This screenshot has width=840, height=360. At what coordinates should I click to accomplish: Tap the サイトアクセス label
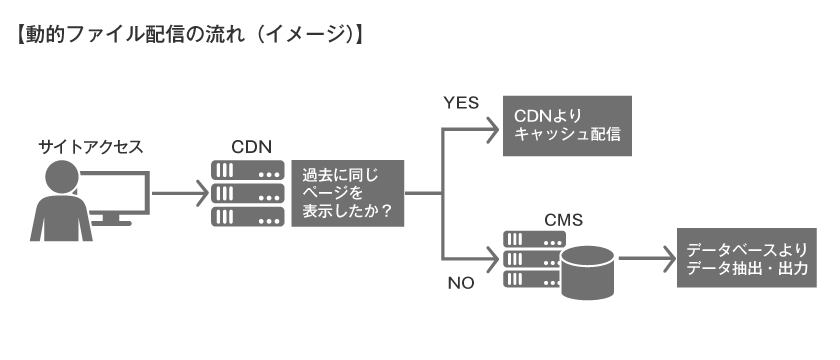coord(91,147)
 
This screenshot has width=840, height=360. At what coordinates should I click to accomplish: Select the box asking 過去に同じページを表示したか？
coord(348,191)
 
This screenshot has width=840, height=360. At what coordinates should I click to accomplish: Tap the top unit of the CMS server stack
coord(533,240)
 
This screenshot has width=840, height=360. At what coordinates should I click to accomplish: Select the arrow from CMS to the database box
coord(645,259)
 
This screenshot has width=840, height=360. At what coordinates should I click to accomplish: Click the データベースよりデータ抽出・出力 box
coord(747,259)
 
